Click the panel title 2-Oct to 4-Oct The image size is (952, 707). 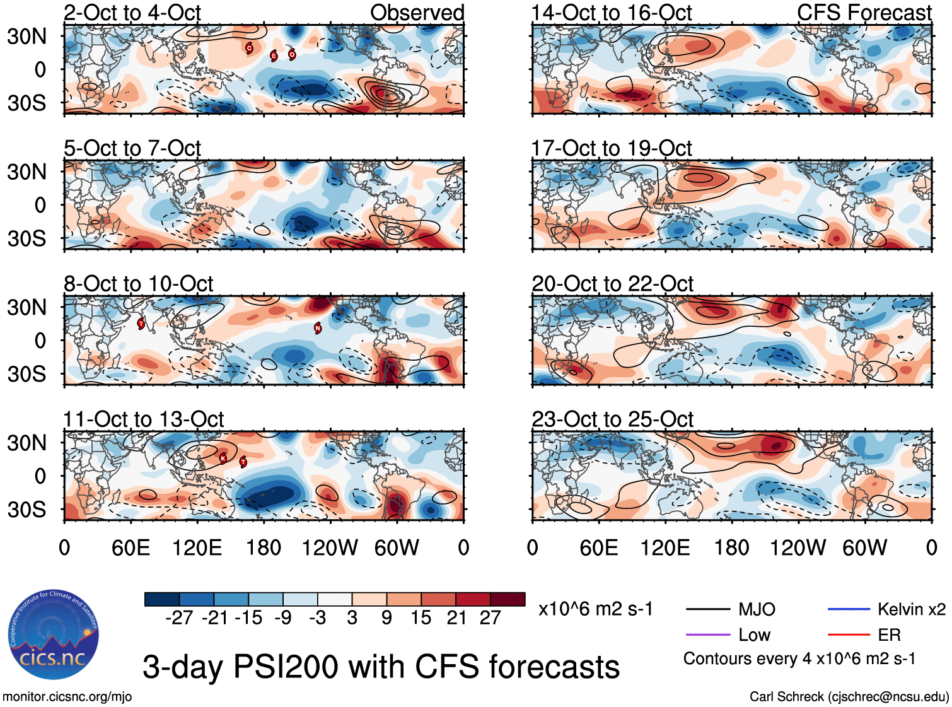click(132, 13)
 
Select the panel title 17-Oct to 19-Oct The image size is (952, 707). click(612, 148)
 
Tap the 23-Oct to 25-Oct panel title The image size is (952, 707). click(612, 419)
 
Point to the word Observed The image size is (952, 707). click(417, 13)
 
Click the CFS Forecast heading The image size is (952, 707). click(864, 13)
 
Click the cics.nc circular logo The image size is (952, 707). click(54, 635)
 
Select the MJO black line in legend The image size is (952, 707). click(708, 609)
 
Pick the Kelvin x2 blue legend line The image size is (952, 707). click(849, 609)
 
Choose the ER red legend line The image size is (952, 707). click(849, 634)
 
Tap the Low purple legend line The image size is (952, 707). click(708, 634)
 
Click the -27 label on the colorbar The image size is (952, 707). click(179, 617)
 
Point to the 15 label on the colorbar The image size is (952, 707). click(421, 617)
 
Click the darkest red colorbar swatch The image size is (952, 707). click(508, 599)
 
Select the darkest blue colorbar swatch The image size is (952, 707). click(162, 599)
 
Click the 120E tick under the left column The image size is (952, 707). click(197, 547)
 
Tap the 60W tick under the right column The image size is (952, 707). click(864, 547)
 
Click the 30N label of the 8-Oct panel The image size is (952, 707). click(26, 308)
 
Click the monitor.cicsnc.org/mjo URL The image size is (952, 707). click(67, 696)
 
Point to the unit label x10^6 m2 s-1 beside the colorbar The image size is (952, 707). click(595, 609)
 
